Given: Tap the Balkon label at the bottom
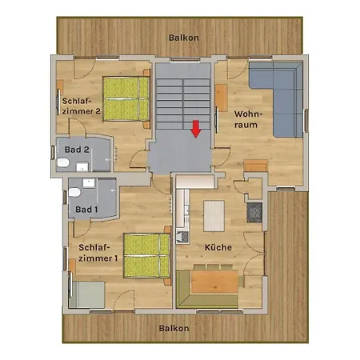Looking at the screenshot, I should click(x=174, y=328).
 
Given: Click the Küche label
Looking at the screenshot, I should click(x=218, y=247).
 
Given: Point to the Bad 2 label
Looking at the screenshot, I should click(x=76, y=150).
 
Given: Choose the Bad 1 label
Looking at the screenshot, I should click(x=85, y=210).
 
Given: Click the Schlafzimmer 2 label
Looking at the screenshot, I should click(x=81, y=106).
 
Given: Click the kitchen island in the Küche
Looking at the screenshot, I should click(x=214, y=214).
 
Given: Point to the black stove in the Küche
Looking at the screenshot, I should click(x=254, y=212).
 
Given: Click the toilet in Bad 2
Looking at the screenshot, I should click(x=63, y=163).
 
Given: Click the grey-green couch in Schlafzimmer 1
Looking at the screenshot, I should click(x=88, y=293).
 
